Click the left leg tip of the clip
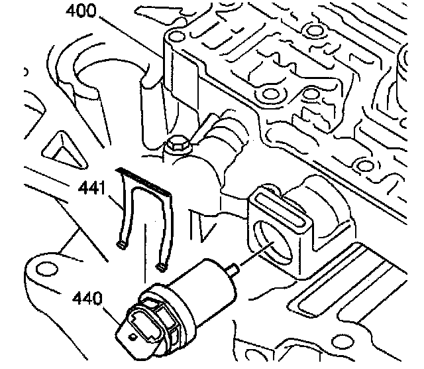coord(121,246)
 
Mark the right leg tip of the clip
coord(161,267)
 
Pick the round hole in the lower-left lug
coord(47,268)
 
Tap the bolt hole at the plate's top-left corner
coord(176,37)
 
